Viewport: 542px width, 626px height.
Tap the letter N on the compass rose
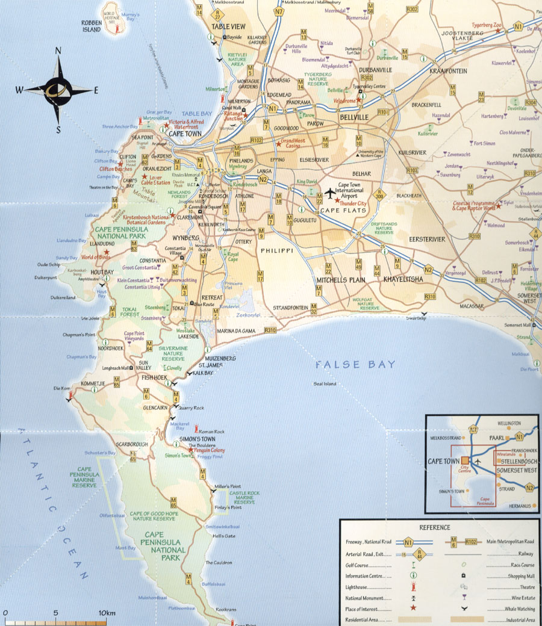[58, 52]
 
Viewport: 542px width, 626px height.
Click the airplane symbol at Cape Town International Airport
[329, 193]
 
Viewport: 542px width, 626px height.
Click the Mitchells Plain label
[340, 280]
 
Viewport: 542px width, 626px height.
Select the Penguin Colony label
[208, 450]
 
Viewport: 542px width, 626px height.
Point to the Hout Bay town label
[102, 272]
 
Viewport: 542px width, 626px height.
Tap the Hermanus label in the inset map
[516, 506]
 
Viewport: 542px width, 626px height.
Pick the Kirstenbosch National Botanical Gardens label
[142, 218]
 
